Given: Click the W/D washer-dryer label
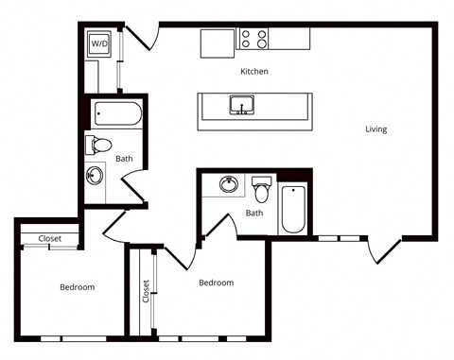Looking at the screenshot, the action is tap(99, 43).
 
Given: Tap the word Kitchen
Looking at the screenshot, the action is tap(254, 72).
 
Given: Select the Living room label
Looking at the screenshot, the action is tap(376, 129).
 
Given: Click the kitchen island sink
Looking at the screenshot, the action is tap(242, 105).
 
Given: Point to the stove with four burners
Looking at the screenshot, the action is tap(253, 39).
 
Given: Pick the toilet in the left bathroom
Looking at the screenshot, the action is tap(98, 146).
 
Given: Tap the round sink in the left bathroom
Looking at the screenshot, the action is tap(95, 176).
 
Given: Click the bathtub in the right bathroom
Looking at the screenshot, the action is tap(293, 209).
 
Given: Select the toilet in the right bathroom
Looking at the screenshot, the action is tap(261, 189).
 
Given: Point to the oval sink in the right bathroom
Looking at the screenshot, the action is tap(229, 184).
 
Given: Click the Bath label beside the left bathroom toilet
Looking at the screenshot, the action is tap(124, 159).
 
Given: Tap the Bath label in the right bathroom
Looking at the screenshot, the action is tap(254, 214).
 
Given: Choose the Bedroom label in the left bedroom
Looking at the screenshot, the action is tap(78, 287).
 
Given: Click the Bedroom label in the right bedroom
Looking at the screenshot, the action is tap(217, 283).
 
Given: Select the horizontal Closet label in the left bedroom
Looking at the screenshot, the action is tap(50, 239).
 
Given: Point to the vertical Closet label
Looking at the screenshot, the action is tap(146, 291).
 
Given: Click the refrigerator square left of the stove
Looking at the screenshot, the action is tap(218, 43).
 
